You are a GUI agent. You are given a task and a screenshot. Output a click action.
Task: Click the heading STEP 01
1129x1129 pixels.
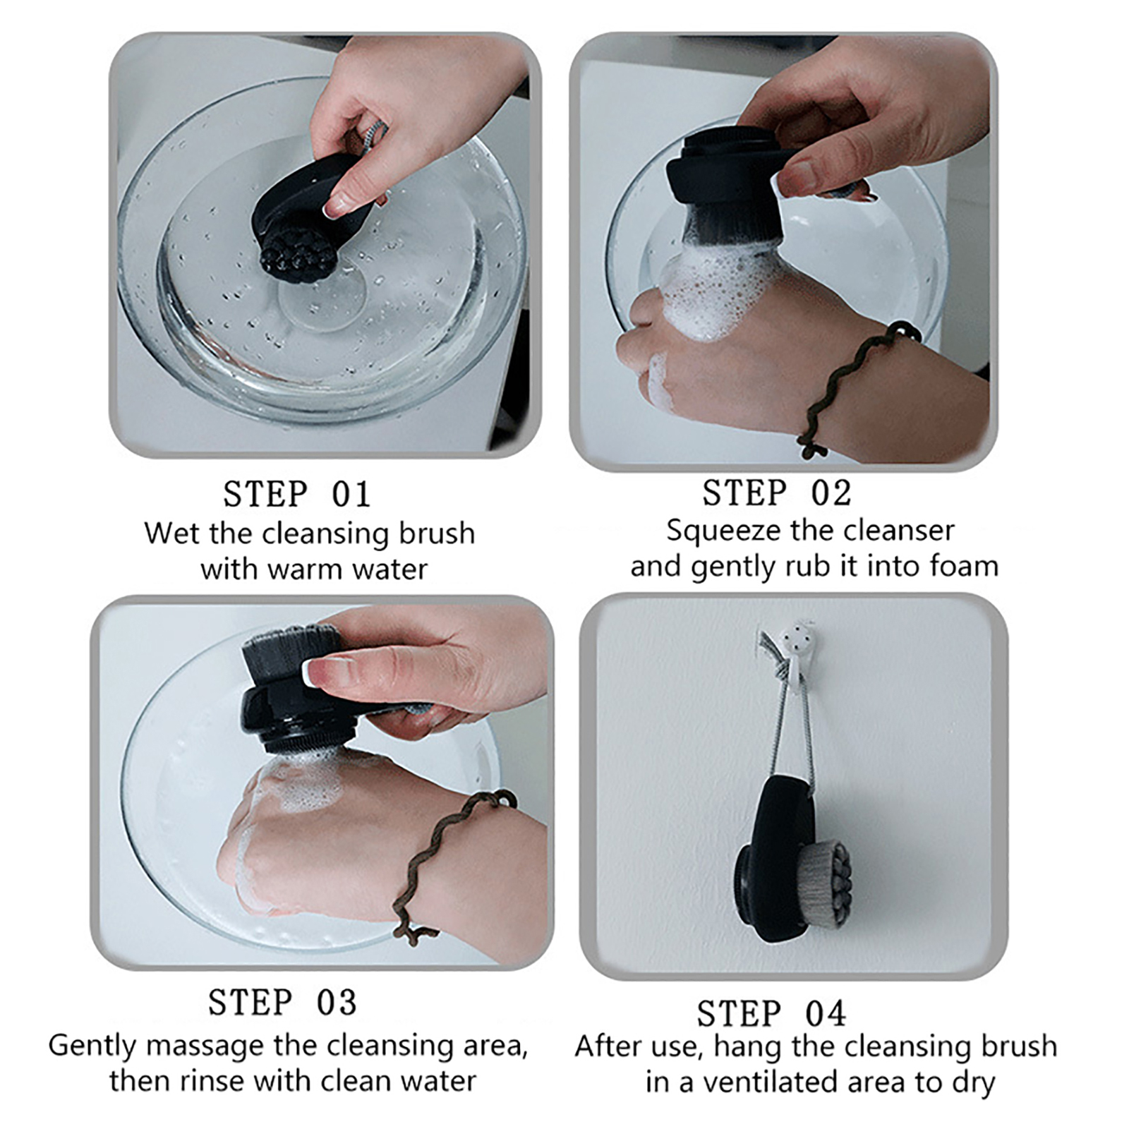pyautogui.click(x=296, y=494)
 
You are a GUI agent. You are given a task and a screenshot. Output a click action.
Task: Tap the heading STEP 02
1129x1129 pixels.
pyautogui.click(x=777, y=493)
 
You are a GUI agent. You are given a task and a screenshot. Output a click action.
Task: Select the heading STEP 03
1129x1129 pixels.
pyautogui.click(x=282, y=1002)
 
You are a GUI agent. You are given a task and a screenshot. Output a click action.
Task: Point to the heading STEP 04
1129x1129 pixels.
pyautogui.click(x=771, y=1014)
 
